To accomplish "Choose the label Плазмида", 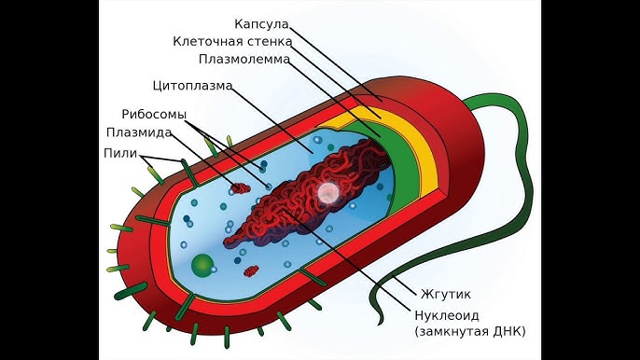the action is [138, 132].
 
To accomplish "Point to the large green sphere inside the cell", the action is [202, 267].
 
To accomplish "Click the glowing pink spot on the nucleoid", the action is [328, 192].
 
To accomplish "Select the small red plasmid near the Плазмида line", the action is [241, 188].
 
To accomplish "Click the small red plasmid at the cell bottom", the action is [252, 271].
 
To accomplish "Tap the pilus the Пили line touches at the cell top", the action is [188, 171].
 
